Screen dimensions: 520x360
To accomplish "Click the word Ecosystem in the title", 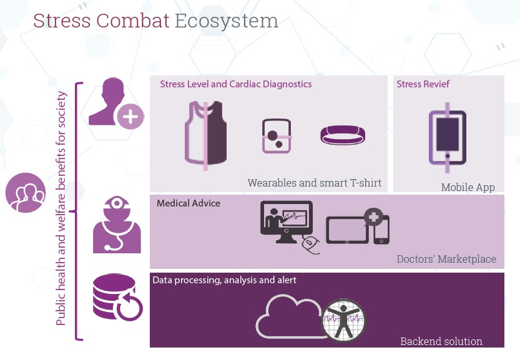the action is click(227, 21).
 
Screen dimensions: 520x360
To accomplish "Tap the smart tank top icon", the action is click(205, 135).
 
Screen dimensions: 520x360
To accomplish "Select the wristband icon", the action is click(343, 135).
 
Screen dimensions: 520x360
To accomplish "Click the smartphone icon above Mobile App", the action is click(448, 137).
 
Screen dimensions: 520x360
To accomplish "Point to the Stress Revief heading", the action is click(423, 84).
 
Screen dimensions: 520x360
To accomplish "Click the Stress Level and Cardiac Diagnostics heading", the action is click(236, 84).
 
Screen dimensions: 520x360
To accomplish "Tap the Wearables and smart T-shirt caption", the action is click(315, 183).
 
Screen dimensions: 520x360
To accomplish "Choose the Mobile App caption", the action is click(468, 187).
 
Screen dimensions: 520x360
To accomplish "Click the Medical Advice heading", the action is click(189, 203).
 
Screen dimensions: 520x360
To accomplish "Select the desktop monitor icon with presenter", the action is click(287, 221).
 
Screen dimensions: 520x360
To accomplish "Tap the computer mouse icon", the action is click(311, 245).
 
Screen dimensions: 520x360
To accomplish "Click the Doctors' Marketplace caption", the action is click(446, 259).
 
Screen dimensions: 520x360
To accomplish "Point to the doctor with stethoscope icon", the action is click(117, 225).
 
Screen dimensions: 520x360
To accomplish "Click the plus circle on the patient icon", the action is click(130, 117).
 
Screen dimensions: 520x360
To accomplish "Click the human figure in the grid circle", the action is click(343, 321).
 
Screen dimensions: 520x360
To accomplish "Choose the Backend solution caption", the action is click(441, 341).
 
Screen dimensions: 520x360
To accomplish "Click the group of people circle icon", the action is click(26, 193).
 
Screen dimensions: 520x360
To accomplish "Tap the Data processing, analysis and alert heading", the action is click(225, 280).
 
